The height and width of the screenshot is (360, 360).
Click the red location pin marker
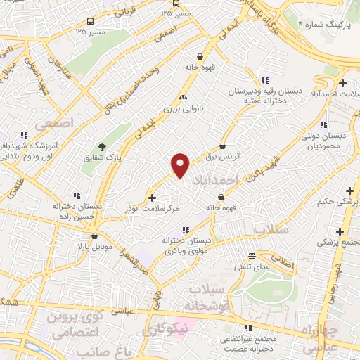click(181, 165)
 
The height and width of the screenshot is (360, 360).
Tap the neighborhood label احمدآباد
click(215, 179)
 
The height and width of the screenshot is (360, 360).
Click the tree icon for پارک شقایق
click(103, 147)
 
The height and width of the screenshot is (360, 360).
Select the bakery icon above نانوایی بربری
click(184, 97)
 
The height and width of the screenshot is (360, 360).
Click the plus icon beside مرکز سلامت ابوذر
click(153, 198)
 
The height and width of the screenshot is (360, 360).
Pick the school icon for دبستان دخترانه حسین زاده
click(77, 195)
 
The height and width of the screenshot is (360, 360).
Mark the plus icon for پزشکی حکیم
click(349, 191)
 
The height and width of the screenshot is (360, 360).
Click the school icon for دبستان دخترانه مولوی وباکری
click(186, 229)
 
